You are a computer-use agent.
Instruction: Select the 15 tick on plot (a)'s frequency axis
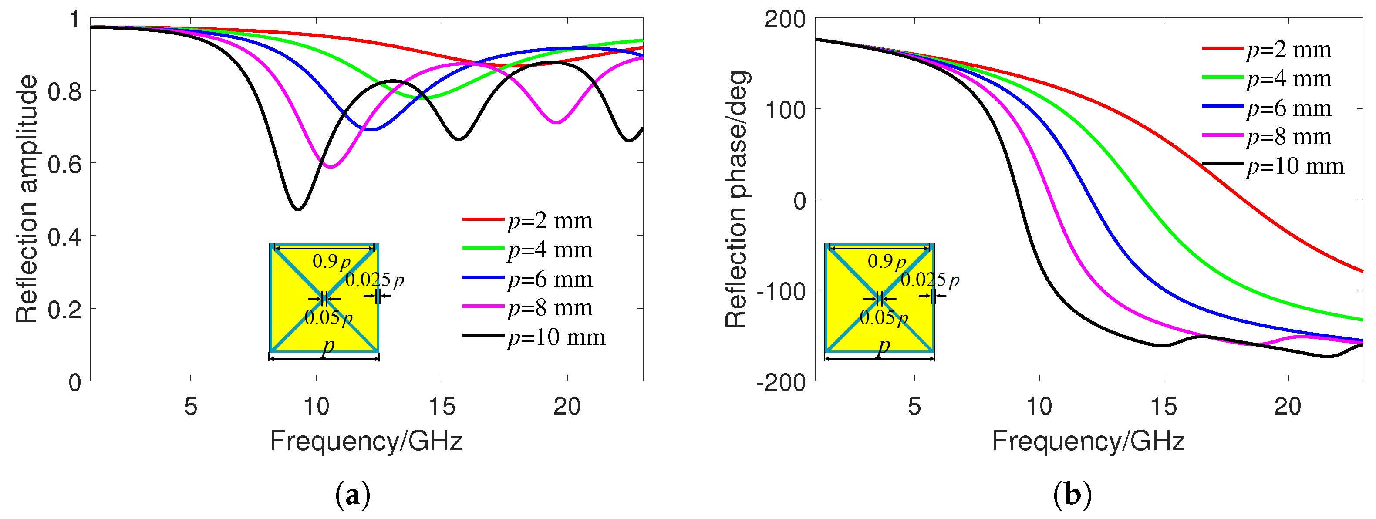point(442,407)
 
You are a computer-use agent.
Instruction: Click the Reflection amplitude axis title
point(27,199)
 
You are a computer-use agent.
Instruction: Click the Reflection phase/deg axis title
point(736,199)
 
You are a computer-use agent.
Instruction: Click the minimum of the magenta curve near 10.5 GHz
point(331,167)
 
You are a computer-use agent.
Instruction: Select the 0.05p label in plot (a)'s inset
point(328,318)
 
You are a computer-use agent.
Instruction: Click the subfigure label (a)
point(353,495)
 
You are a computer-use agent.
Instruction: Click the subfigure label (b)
point(1072,495)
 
